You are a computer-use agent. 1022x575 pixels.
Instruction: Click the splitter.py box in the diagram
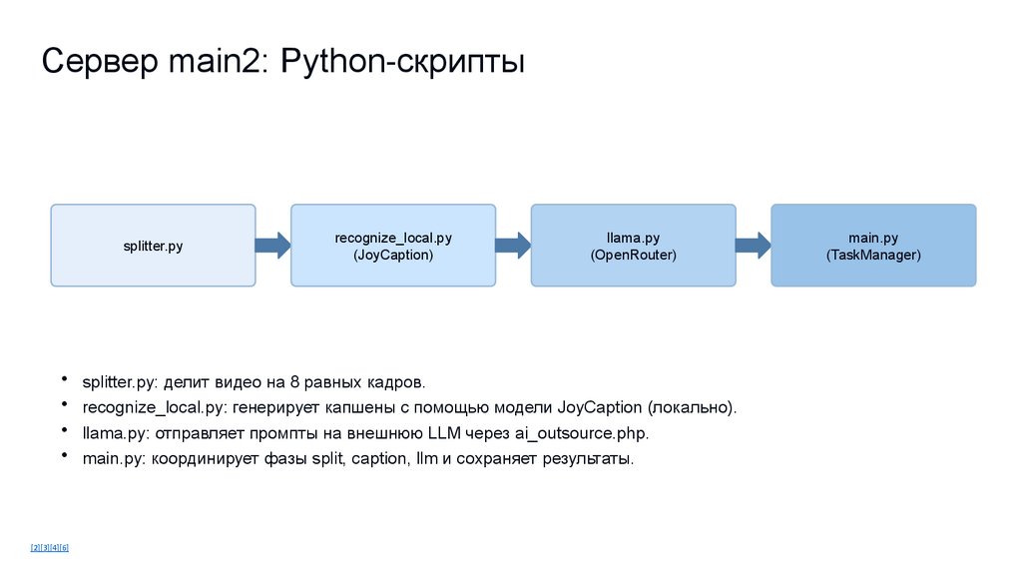[x=153, y=246]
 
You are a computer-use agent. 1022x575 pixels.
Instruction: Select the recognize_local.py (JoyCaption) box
[x=393, y=246]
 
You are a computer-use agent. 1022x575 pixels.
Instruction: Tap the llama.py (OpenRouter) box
[x=633, y=246]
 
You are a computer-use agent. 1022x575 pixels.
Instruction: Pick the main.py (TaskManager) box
[x=873, y=246]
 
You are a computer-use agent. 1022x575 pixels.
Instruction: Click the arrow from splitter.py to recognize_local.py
[x=272, y=246]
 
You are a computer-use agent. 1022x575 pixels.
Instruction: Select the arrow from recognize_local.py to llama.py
[x=513, y=246]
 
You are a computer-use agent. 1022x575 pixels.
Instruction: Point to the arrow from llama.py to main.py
[x=753, y=246]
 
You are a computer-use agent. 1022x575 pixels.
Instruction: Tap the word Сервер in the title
[x=96, y=64]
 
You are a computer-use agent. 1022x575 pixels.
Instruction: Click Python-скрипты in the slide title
[x=403, y=64]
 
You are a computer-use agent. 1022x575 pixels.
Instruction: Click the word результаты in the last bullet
[x=585, y=459]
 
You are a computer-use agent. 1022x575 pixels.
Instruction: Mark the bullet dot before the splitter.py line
[x=63, y=379]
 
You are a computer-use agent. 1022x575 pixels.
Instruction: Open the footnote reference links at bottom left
[x=49, y=547]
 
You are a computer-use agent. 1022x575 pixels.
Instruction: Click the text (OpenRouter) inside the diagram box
[x=633, y=256]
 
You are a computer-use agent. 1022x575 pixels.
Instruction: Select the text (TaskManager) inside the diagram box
[x=873, y=256]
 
